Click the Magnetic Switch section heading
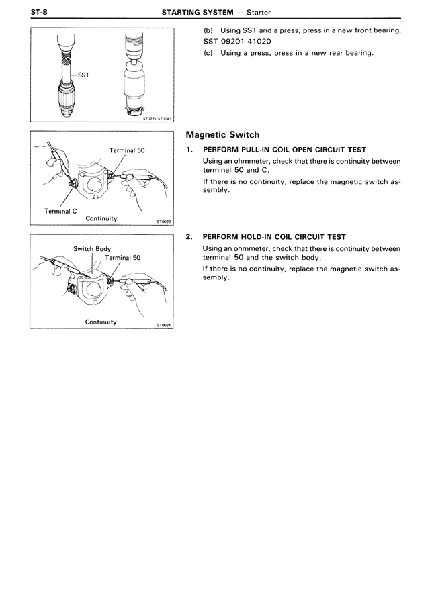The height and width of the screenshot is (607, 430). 222,134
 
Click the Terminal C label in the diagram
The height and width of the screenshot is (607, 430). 60,211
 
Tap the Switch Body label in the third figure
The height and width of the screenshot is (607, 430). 92,249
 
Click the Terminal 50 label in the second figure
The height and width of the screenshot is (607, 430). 127,150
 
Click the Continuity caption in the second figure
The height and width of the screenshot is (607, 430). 101,218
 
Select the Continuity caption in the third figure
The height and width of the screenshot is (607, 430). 101,322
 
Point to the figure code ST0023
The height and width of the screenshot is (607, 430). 164,221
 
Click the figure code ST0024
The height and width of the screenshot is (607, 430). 164,325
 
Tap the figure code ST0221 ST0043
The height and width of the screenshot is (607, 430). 157,118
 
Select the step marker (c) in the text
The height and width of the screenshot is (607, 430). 208,53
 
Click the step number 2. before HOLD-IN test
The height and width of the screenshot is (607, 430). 189,237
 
